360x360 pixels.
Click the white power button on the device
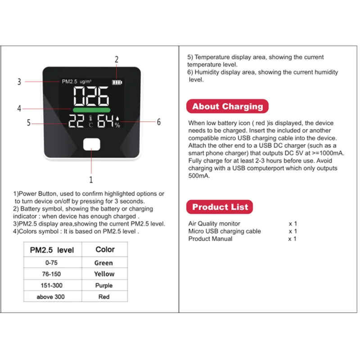tap(91, 145)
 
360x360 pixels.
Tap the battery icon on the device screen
tap(117, 83)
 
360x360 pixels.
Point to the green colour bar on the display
tap(91, 110)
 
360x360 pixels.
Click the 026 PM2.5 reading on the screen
tap(91, 96)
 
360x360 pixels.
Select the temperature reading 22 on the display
tap(76, 121)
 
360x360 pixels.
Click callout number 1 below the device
tap(91, 180)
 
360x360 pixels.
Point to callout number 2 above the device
tap(117, 59)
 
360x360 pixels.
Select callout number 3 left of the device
tap(19, 82)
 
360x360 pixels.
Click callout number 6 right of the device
tap(158, 122)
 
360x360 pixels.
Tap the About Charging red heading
tap(227, 107)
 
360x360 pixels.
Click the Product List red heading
tap(220, 207)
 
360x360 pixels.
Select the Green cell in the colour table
tap(103, 263)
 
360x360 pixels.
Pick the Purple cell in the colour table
tap(103, 285)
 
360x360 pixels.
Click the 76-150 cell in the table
tap(52, 274)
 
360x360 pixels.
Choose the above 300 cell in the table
tap(52, 297)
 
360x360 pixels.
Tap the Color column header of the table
tap(105, 249)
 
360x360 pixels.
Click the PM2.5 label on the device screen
tap(69, 82)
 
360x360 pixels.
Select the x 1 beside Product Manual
tap(292, 238)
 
